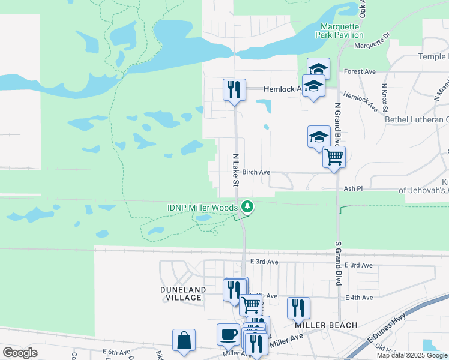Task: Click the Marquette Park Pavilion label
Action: pyautogui.click(x=340, y=31)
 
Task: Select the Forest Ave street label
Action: pyautogui.click(x=360, y=71)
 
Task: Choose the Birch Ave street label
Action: pyautogui.click(x=256, y=172)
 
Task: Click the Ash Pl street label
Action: pyautogui.click(x=353, y=188)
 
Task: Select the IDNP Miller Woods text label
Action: pyautogui.click(x=202, y=208)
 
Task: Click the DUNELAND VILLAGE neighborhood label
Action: pyautogui.click(x=184, y=293)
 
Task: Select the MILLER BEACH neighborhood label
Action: pyautogui.click(x=326, y=325)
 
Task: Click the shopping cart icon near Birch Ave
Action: pyautogui.click(x=334, y=158)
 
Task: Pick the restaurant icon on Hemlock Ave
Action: pyautogui.click(x=234, y=90)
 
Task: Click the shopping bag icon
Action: pyautogui.click(x=183, y=340)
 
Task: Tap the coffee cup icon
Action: pyautogui.click(x=228, y=334)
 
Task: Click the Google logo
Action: pyautogui.click(x=20, y=353)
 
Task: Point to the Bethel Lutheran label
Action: pyautogui.click(x=417, y=119)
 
